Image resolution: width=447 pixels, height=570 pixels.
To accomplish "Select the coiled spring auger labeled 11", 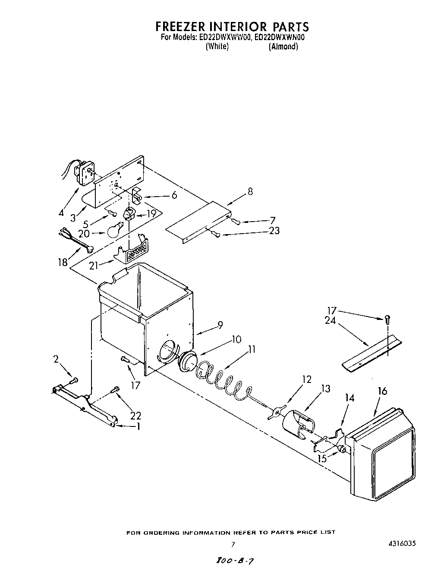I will (222, 380).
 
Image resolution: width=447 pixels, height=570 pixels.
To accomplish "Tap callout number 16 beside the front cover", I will (382, 391).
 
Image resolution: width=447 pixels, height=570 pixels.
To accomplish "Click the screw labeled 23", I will (217, 235).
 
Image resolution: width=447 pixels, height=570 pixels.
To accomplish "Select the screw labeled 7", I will (236, 221).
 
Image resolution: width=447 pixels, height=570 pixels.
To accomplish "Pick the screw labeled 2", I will (74, 380).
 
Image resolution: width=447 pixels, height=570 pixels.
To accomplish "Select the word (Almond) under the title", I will (283, 47).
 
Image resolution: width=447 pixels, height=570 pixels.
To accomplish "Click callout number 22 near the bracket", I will (136, 416).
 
